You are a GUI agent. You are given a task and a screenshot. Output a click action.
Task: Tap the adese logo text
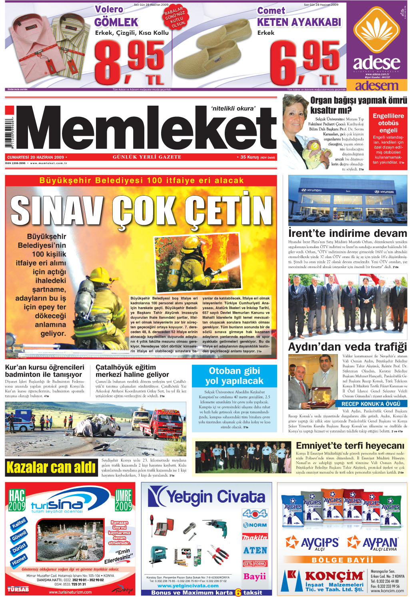(x=376, y=63)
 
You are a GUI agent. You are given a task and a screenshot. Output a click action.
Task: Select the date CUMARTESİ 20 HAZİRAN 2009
(x=36, y=157)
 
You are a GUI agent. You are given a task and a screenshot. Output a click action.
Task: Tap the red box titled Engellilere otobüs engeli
(x=388, y=138)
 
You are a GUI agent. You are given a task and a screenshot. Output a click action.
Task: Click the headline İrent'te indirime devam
(x=347, y=233)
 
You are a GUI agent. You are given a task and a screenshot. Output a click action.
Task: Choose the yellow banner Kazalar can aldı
(x=51, y=467)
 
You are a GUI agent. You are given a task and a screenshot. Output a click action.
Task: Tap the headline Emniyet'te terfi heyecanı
(x=350, y=445)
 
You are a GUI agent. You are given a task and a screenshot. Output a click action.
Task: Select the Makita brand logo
(x=254, y=537)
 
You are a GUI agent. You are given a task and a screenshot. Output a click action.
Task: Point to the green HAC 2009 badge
(x=17, y=501)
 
